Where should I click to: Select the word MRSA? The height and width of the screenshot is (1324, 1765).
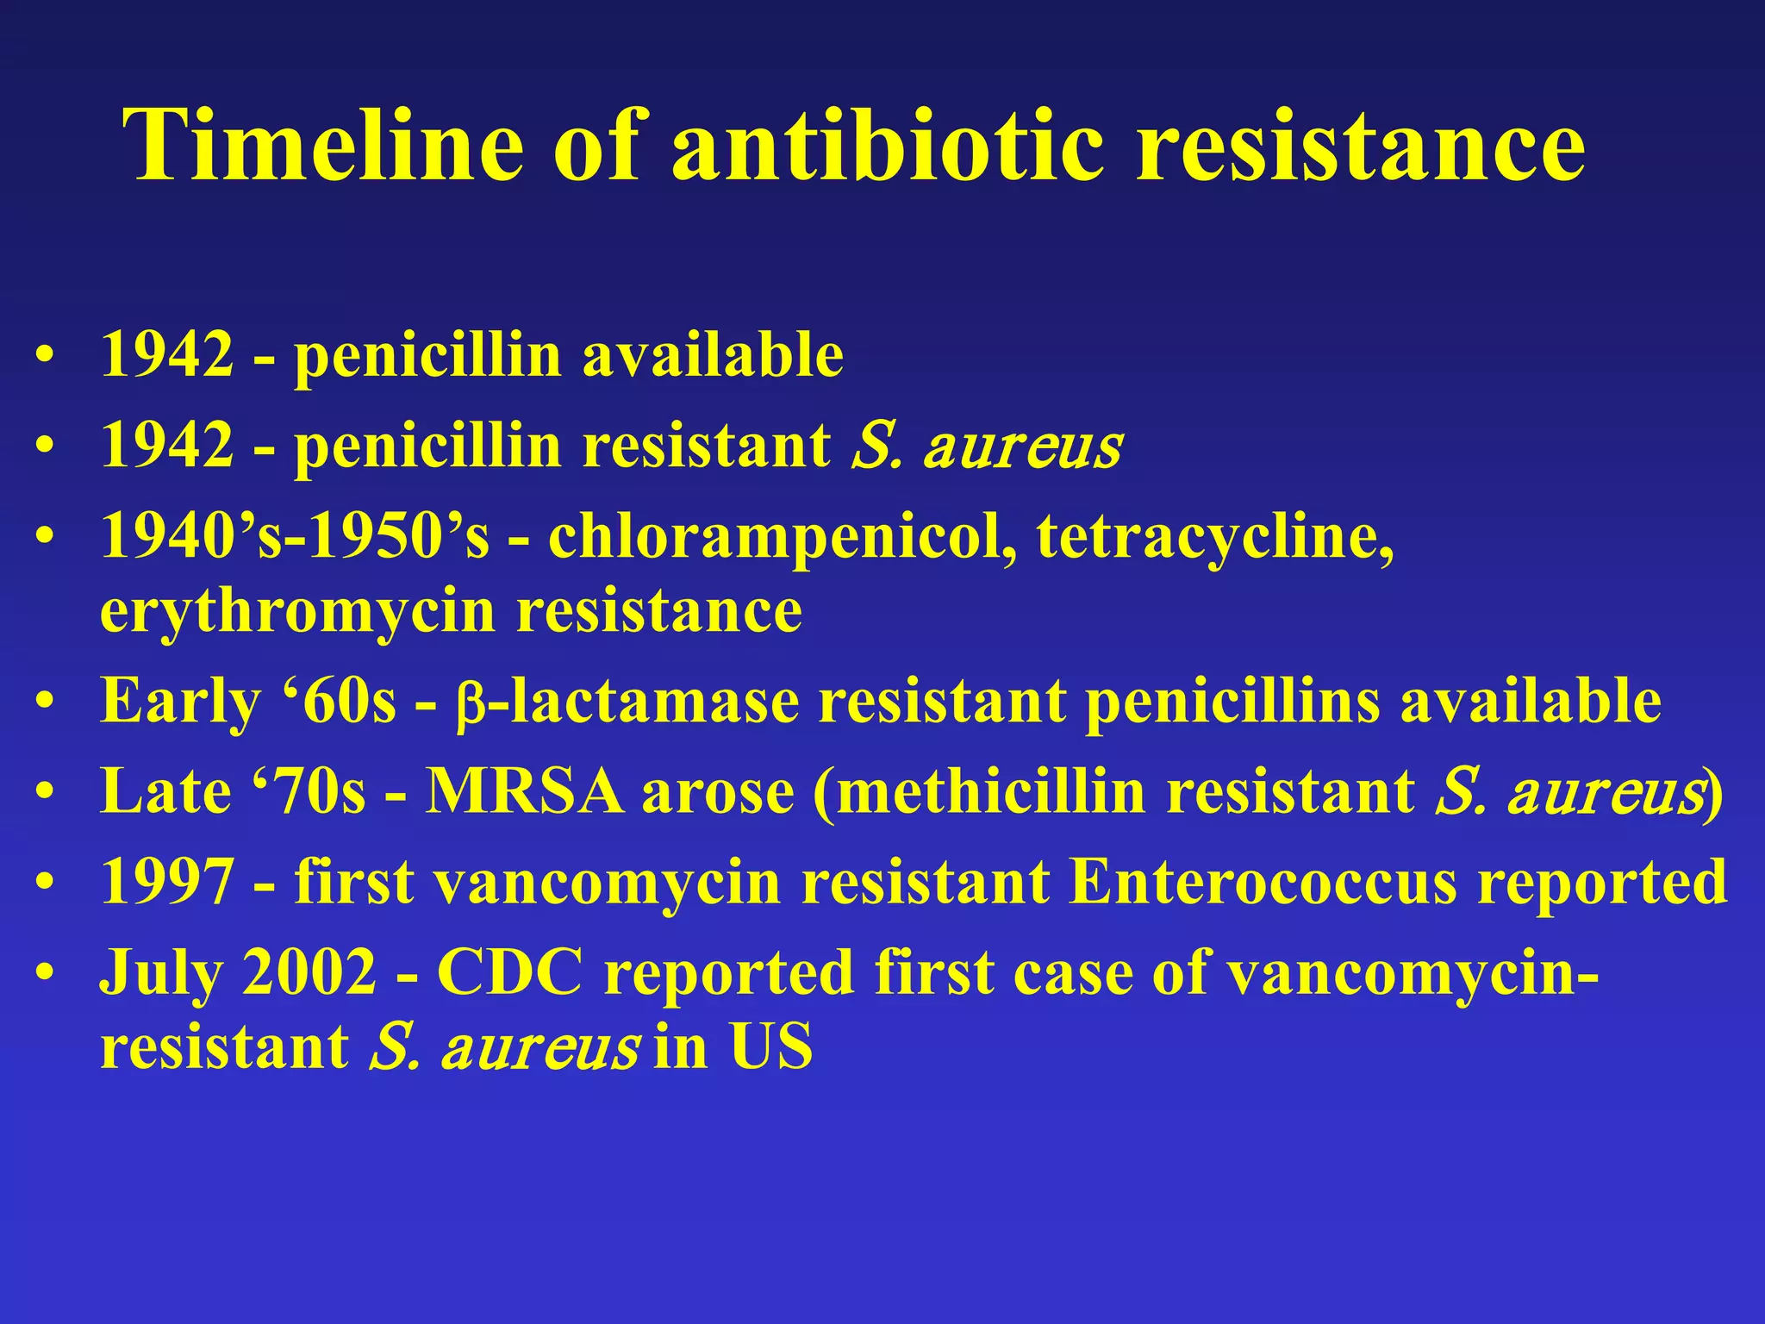point(525,791)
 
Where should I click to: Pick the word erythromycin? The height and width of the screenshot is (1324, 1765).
point(298,611)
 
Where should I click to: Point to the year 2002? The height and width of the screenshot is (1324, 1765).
point(309,972)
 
